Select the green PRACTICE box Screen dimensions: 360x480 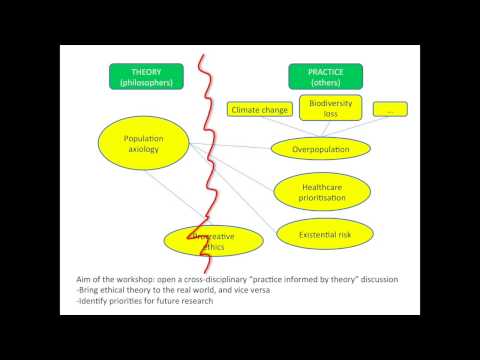click(x=325, y=76)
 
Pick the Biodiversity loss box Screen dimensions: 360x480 click(x=330, y=107)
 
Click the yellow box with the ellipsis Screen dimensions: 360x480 click(x=389, y=108)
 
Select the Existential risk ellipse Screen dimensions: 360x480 click(x=321, y=235)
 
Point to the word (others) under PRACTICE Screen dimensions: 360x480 click(x=325, y=82)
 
